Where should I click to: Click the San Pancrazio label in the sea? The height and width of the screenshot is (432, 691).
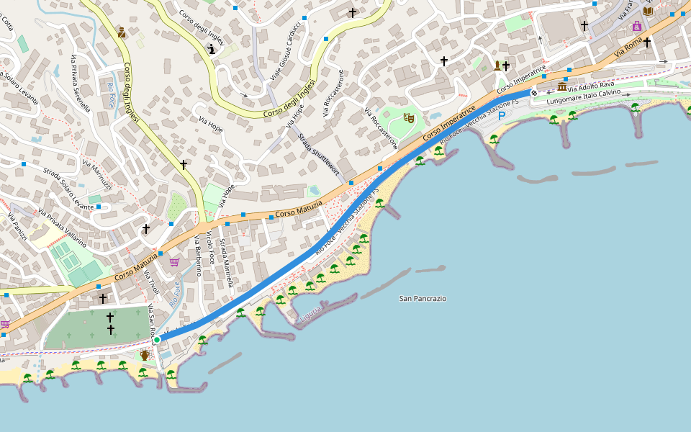click(423, 298)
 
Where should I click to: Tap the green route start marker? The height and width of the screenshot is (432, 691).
click(157, 339)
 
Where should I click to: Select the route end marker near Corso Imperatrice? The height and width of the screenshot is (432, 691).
click(534, 93)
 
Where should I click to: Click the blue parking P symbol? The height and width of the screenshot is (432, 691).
click(502, 115)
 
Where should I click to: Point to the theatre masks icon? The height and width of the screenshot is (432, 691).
click(410, 118)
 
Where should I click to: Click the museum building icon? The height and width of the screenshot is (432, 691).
click(561, 86)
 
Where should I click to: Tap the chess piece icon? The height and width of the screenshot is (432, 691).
click(211, 50)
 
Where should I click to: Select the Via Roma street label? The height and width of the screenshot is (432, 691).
click(628, 49)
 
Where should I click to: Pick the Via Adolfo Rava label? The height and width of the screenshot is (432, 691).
click(591, 86)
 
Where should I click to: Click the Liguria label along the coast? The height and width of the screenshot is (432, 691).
click(310, 314)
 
